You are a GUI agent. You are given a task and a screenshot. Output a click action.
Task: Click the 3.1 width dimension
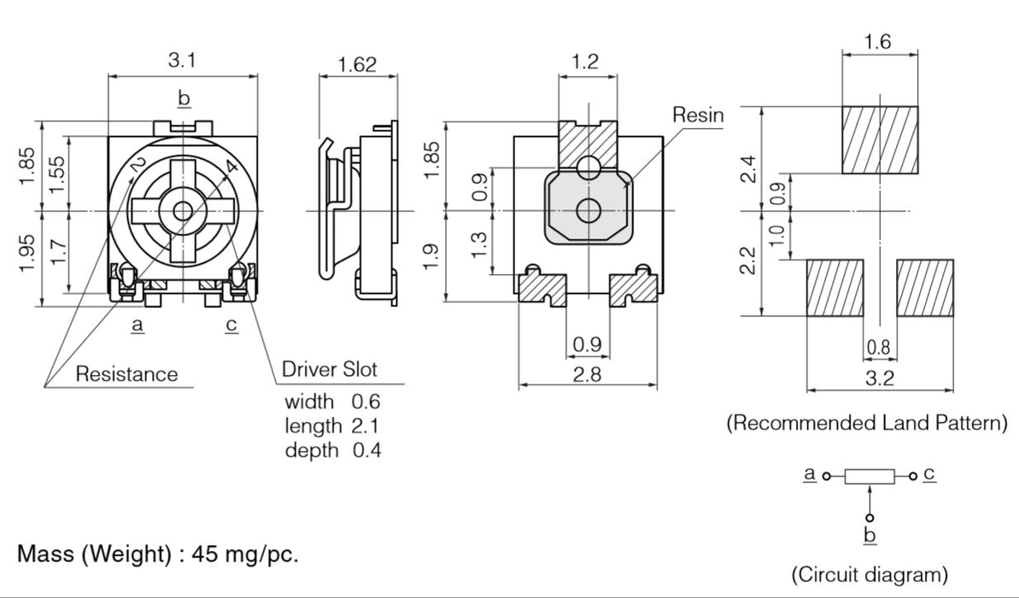(x=182, y=61)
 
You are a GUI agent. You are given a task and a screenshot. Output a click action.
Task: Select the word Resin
(x=697, y=114)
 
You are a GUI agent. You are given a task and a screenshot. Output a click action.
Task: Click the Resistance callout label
(x=126, y=373)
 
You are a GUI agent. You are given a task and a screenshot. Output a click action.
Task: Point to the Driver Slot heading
(x=329, y=370)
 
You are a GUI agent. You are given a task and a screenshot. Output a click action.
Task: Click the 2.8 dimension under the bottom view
(x=587, y=375)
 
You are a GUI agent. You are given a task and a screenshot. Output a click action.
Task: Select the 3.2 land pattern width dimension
(x=879, y=378)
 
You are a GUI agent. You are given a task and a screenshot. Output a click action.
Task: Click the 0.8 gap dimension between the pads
(x=878, y=347)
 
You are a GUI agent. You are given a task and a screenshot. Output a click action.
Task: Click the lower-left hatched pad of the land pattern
(x=835, y=289)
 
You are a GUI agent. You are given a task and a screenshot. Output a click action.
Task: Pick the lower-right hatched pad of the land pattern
(x=924, y=289)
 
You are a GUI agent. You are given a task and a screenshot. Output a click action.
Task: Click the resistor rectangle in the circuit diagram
(x=870, y=477)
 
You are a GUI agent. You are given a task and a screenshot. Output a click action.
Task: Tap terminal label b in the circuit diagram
(x=870, y=536)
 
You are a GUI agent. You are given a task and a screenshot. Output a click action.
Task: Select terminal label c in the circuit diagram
(x=929, y=473)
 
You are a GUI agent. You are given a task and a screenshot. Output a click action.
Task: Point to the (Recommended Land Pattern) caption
(x=866, y=423)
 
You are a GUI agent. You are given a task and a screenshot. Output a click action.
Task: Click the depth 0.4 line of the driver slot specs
(x=332, y=450)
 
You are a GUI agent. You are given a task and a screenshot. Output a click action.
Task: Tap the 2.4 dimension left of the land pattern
(x=748, y=169)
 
